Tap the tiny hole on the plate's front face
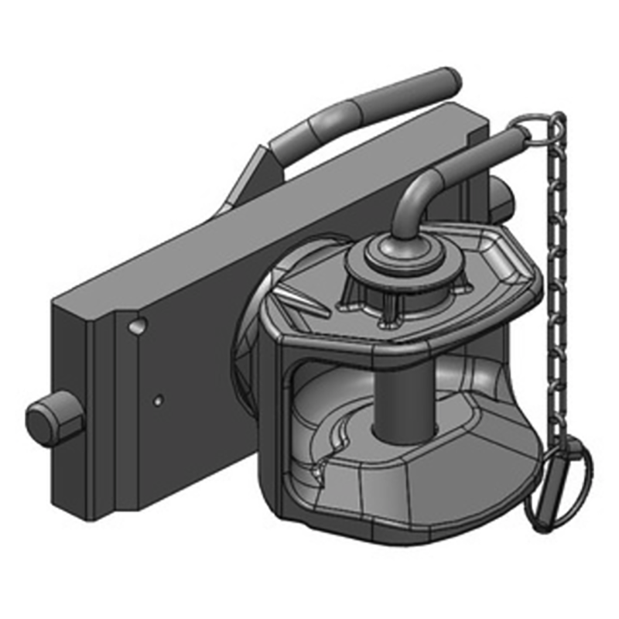coord(158,400)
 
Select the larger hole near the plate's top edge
coord(137,327)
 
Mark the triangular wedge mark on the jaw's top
coord(302,298)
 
